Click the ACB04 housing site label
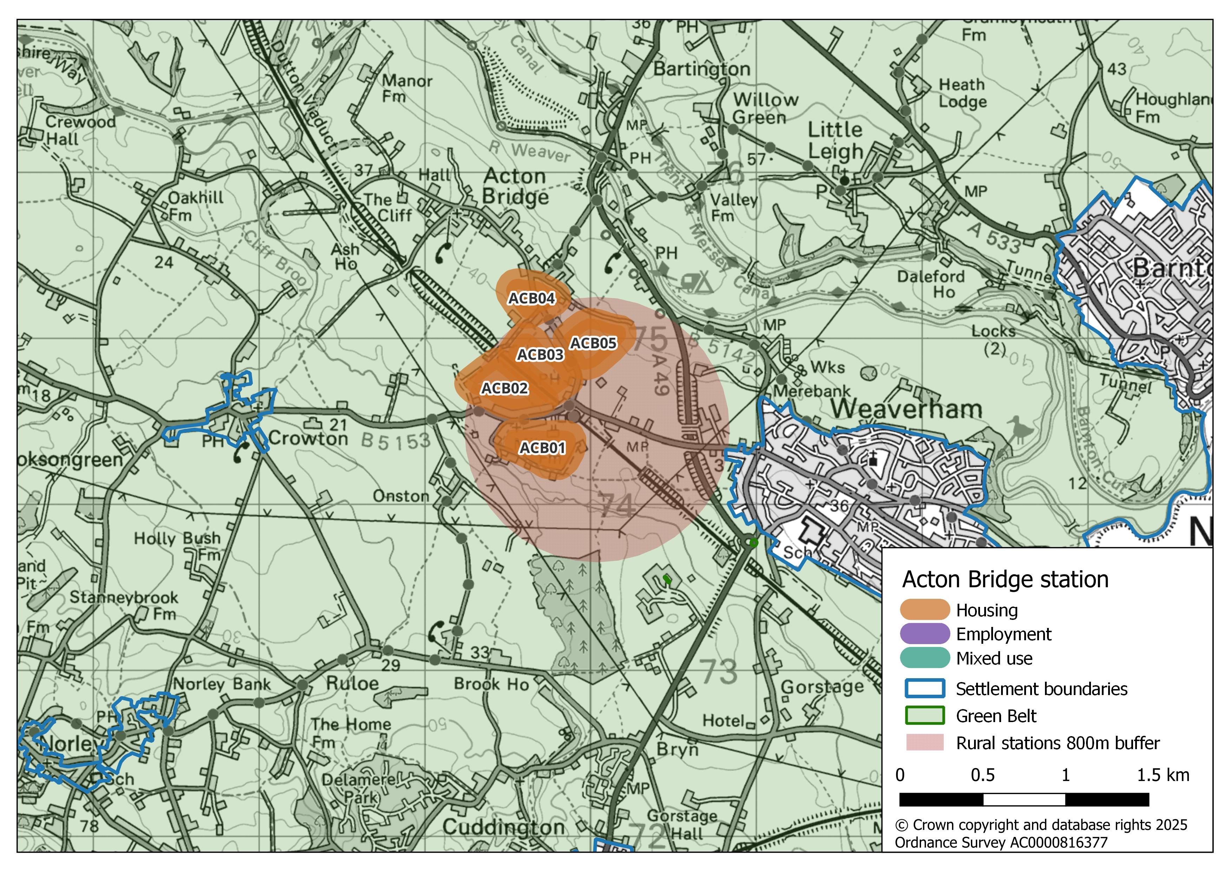pyautogui.click(x=531, y=298)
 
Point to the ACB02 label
pyautogui.click(x=504, y=388)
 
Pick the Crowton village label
pyautogui.click(x=308, y=439)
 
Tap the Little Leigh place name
pyautogui.click(x=835, y=140)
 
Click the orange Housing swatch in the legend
pyautogui.click(x=924, y=610)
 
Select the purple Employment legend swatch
pyautogui.click(x=924, y=634)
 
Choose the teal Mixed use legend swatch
pyautogui.click(x=924, y=658)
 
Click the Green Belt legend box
pyautogui.click(x=924, y=715)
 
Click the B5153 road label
pyautogui.click(x=395, y=441)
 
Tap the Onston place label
pyautogui.click(x=401, y=497)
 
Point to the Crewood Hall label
pyautogui.click(x=80, y=130)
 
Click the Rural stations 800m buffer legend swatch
pyautogui.click(x=924, y=743)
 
